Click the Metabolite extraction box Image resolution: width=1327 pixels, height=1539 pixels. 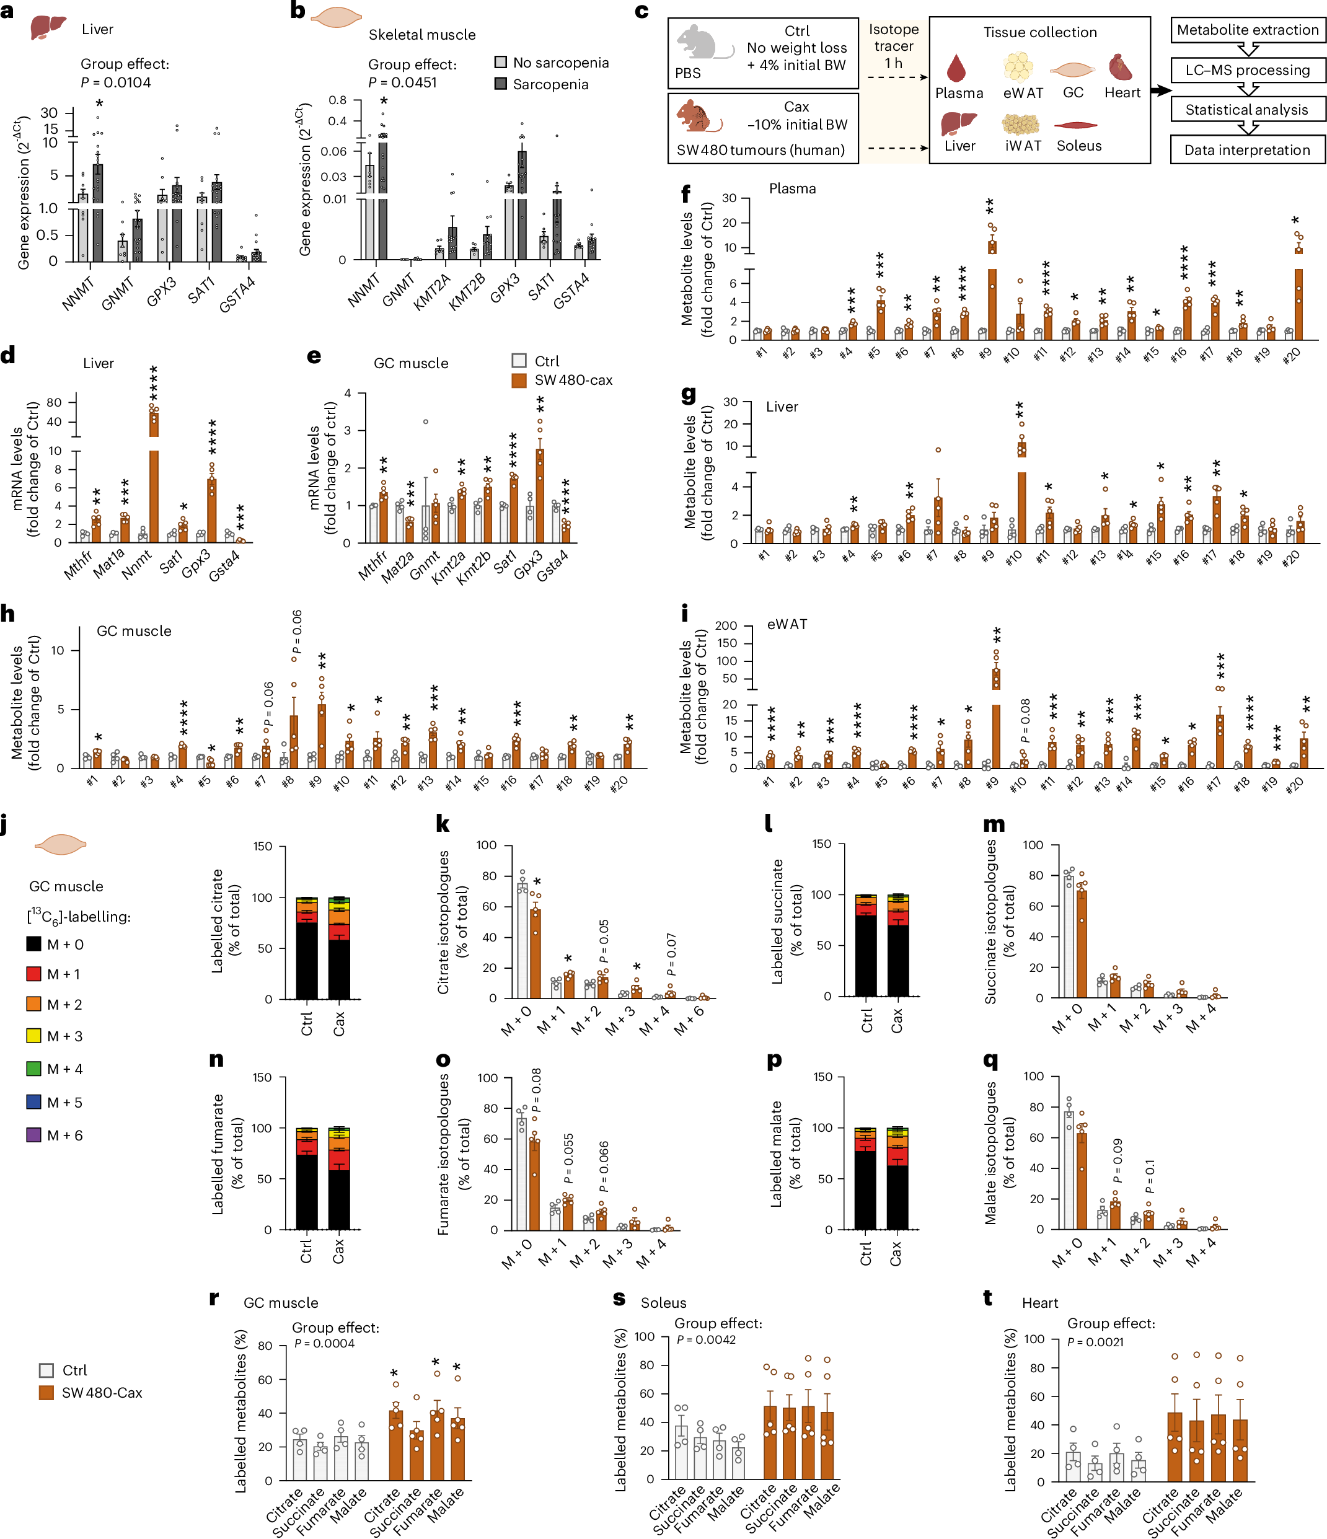click(x=1248, y=30)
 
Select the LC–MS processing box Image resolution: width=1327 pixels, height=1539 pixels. click(x=1248, y=70)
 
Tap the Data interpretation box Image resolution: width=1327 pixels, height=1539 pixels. click(x=1248, y=149)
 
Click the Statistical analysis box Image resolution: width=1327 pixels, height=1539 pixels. click(x=1248, y=110)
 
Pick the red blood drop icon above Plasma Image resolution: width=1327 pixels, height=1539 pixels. click(x=956, y=68)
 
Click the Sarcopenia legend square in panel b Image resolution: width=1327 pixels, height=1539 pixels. click(x=501, y=84)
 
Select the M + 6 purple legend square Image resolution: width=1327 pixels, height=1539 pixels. click(x=33, y=1134)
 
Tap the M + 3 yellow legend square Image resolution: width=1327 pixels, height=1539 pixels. click(x=33, y=1036)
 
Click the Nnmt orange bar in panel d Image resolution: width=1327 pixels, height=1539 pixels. click(x=154, y=475)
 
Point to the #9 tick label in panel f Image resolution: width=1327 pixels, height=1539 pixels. click(x=985, y=353)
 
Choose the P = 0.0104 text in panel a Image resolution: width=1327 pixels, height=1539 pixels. click(x=116, y=82)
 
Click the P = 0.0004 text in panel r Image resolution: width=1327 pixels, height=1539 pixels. click(x=324, y=1343)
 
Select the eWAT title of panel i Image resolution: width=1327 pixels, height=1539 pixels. click(x=787, y=624)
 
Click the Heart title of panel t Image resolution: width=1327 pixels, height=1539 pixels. click(x=1039, y=1303)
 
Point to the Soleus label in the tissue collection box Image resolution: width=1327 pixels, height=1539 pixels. click(x=1078, y=146)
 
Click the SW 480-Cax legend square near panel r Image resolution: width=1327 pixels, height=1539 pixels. click(x=46, y=1393)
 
